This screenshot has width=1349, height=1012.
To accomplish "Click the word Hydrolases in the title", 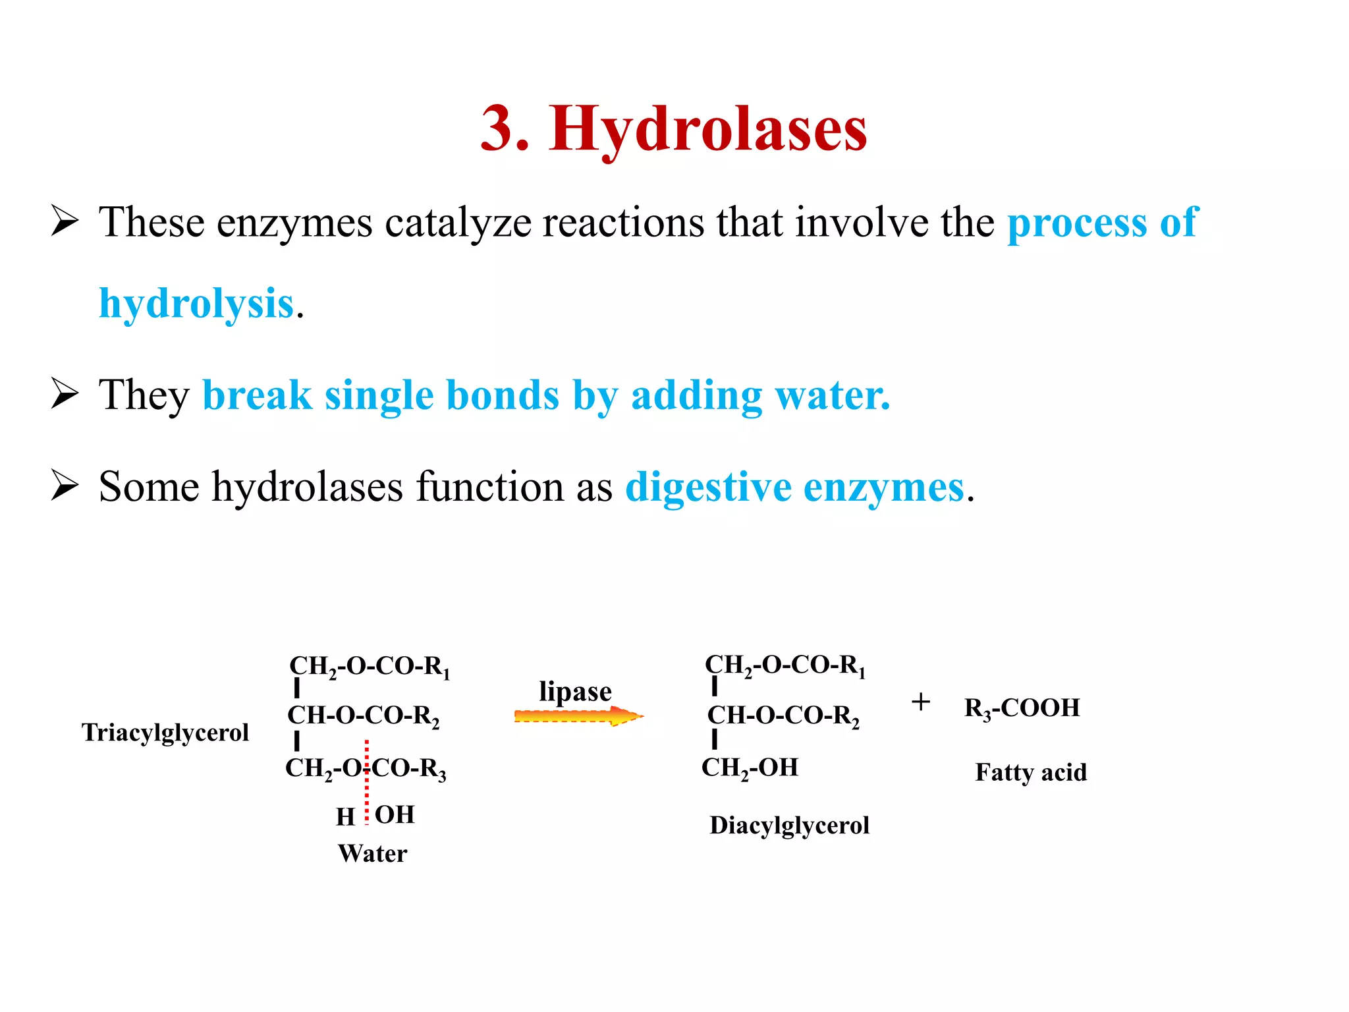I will pyautogui.click(x=707, y=129).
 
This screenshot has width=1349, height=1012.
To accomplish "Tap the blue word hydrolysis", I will pyautogui.click(x=196, y=304).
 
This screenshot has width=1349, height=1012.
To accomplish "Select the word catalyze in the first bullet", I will pyautogui.click(x=458, y=223).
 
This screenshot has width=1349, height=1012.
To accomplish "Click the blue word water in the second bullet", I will pyautogui.click(x=833, y=395).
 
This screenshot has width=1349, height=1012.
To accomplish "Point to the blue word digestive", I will pyautogui.click(x=708, y=488).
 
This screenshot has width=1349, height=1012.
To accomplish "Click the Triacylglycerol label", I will pyautogui.click(x=165, y=733).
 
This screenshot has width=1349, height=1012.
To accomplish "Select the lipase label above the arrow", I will pyautogui.click(x=575, y=692).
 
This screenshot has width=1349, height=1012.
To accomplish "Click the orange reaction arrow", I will pyautogui.click(x=578, y=716).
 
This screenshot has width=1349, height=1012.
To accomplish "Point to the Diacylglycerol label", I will pyautogui.click(x=789, y=826).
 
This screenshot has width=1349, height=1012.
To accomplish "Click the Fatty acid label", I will pyautogui.click(x=1031, y=772).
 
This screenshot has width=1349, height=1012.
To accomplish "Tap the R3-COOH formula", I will pyautogui.click(x=1022, y=708).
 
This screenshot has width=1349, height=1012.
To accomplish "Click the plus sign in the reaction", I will pyautogui.click(x=921, y=702).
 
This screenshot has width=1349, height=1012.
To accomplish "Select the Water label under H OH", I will pyautogui.click(x=373, y=854).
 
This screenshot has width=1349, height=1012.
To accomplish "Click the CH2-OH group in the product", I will pyautogui.click(x=750, y=768).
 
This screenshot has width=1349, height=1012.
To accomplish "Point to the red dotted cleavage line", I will pyautogui.click(x=367, y=784).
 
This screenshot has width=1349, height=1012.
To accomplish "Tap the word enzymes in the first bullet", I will pyautogui.click(x=294, y=223).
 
